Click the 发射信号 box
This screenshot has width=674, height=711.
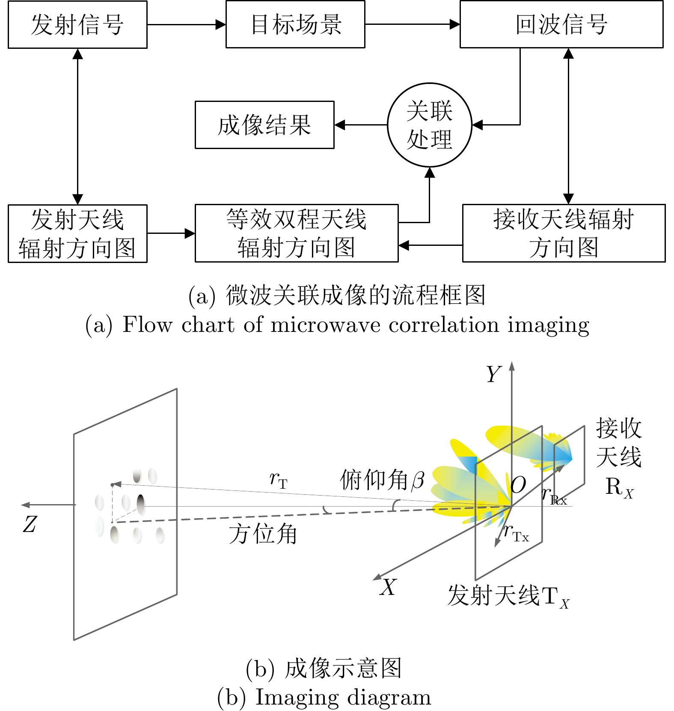(x=77, y=24)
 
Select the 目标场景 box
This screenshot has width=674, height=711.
(x=295, y=24)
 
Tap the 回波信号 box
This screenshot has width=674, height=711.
(x=561, y=24)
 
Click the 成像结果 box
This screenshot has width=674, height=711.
(x=264, y=125)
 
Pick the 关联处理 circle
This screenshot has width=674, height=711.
(x=429, y=125)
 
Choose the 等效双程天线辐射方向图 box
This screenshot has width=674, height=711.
(x=297, y=233)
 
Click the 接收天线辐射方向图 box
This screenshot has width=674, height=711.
(x=564, y=233)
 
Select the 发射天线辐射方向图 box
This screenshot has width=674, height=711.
(x=77, y=233)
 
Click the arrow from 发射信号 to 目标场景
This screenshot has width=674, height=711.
(x=186, y=24)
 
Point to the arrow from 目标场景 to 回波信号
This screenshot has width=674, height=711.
(x=412, y=24)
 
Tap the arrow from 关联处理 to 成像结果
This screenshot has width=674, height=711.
(x=361, y=125)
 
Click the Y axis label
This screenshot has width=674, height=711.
(x=493, y=374)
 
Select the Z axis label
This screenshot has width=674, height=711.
(x=30, y=524)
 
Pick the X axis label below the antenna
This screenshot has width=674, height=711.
(x=388, y=587)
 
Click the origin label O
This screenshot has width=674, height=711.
(x=518, y=485)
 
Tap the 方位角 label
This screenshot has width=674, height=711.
(x=262, y=534)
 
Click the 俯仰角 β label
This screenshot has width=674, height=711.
(x=382, y=480)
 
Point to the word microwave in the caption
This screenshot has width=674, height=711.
(x=325, y=325)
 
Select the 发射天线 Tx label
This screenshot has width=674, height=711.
(x=508, y=596)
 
